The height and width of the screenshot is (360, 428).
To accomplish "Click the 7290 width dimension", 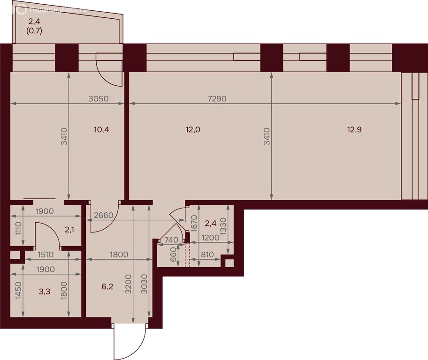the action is pos(217,98).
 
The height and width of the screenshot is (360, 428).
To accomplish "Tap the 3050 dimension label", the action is pos(99,98).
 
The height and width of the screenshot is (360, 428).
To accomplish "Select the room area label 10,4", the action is pos(101,129).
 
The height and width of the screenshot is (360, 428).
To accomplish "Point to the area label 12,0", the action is pos(193,129).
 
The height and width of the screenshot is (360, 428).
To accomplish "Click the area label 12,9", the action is pos(354,129).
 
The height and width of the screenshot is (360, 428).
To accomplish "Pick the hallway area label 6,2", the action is pos(107,286).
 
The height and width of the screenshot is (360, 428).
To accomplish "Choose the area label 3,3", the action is pos(45,292).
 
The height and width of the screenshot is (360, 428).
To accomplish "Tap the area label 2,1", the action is pos(69,230).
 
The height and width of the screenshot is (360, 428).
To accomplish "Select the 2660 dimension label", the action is pos(103,215).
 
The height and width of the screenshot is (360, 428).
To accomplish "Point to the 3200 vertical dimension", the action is pos(129,284).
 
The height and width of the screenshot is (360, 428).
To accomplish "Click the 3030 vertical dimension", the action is pos(145,284).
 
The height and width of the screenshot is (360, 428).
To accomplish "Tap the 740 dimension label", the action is pos(171,240).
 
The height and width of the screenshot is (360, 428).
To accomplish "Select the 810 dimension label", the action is pos(207,255).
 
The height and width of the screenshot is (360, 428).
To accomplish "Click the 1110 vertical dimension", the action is pos(18,229).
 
